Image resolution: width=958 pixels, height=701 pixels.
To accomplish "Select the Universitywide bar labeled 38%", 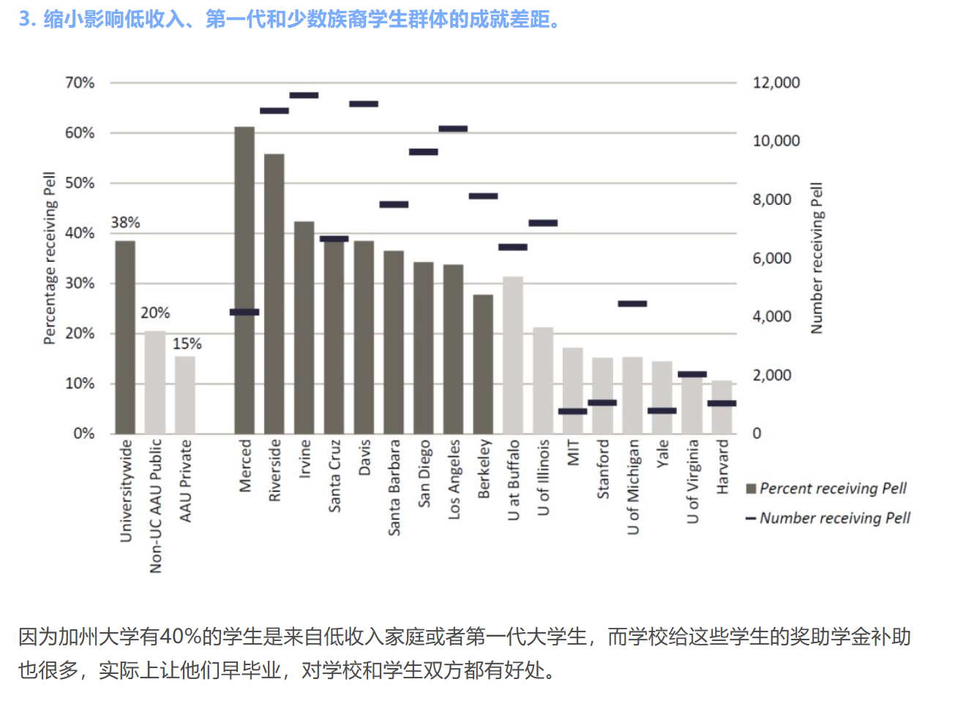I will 125,337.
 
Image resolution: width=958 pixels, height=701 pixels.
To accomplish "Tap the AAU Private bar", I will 185,395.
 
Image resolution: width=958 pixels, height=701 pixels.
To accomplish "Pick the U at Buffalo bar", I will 513,355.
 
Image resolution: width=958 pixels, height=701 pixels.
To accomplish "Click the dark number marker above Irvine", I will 304,95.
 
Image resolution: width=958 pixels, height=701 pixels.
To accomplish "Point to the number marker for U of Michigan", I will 632,304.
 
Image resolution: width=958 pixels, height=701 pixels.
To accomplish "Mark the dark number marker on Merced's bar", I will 244,312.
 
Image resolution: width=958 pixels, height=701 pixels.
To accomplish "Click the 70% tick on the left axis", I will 80,83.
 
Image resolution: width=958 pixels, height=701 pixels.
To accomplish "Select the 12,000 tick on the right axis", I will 776,83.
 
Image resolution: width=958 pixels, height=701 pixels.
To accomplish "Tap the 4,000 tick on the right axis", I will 772,317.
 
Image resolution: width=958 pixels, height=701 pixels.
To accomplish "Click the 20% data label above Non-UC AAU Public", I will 155,313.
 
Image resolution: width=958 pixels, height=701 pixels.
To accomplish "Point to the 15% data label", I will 187,344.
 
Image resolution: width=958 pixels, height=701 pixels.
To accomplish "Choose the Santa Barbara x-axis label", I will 394,487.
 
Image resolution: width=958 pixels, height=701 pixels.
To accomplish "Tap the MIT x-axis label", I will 573,452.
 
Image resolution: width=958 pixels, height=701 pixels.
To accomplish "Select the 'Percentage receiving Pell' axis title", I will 49,258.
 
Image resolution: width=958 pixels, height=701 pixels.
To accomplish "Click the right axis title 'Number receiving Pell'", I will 817,258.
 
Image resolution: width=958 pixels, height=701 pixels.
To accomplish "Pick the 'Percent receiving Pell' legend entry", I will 832,488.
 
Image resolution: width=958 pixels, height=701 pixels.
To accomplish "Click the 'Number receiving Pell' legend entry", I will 834,518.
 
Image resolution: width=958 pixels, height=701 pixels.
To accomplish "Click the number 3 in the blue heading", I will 24,19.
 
